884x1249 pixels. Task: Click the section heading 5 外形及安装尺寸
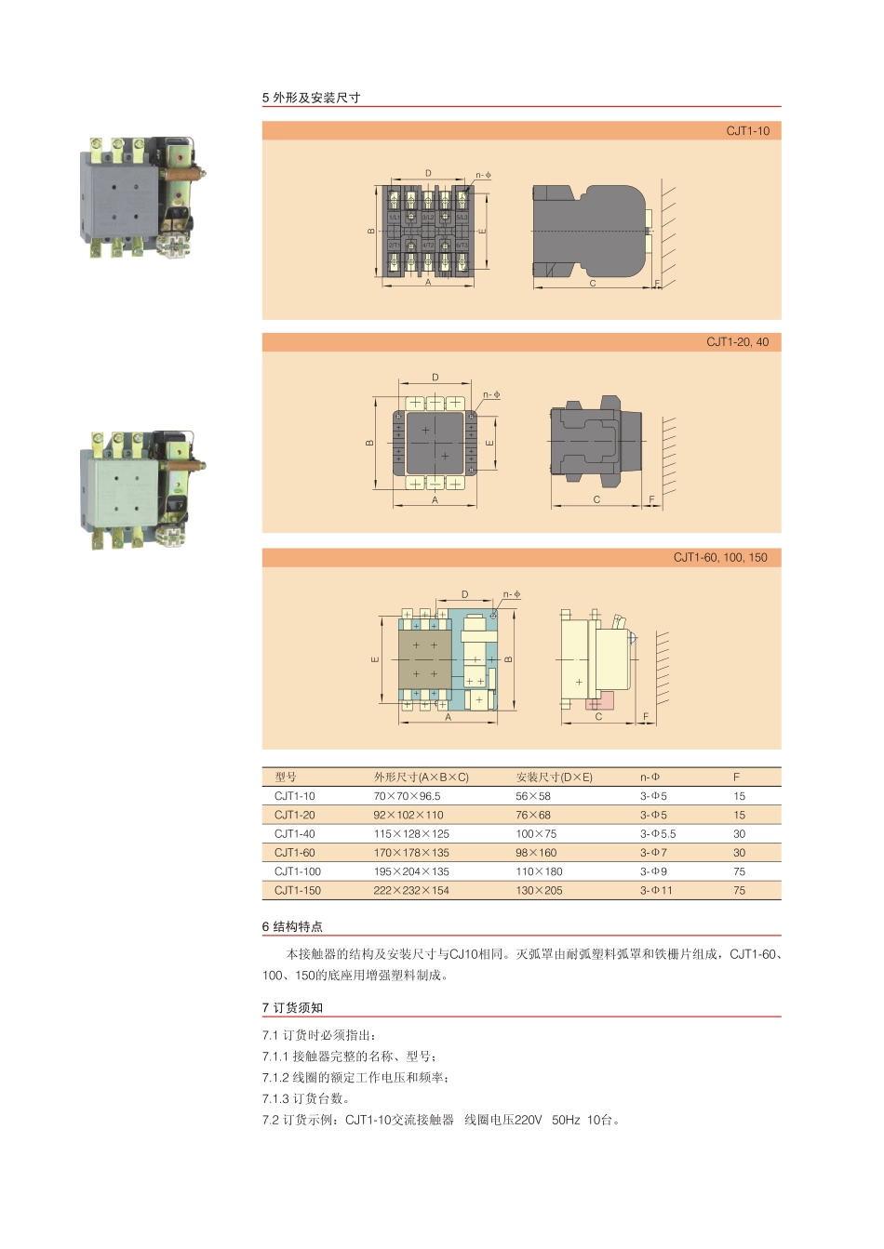point(312,98)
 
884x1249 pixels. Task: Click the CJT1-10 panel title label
point(747,131)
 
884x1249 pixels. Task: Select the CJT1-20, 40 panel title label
point(737,342)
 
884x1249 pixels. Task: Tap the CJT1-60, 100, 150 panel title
point(720,558)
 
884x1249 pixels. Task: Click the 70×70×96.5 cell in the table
point(407,796)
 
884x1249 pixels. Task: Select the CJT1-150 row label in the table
point(298,891)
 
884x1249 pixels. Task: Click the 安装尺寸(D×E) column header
point(554,777)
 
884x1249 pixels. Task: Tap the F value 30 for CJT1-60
point(739,853)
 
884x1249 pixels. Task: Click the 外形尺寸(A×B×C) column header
point(421,777)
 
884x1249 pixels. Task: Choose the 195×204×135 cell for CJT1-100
point(410,871)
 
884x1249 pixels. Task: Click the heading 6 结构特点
point(292,926)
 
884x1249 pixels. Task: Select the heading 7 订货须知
point(292,1007)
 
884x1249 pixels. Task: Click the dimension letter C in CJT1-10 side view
point(593,283)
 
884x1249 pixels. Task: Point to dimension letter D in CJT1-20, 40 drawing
point(435,378)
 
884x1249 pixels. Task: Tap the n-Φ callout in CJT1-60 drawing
point(512,594)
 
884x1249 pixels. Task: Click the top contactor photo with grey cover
point(142,198)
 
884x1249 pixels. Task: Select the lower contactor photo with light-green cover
point(142,489)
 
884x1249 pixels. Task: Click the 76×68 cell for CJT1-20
point(533,815)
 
